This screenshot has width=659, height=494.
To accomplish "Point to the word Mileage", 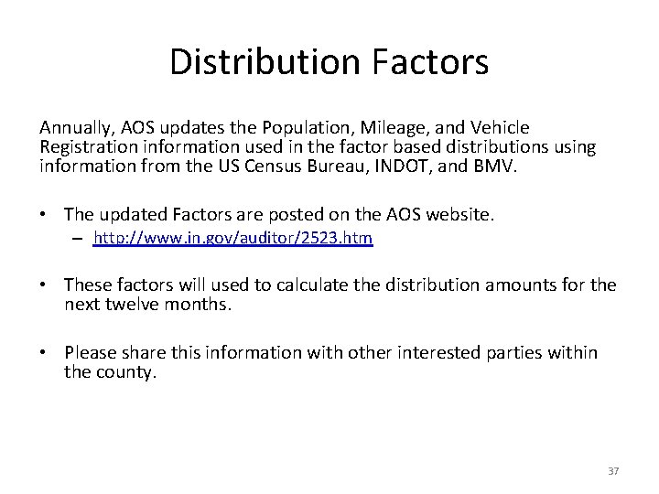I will click(395, 128).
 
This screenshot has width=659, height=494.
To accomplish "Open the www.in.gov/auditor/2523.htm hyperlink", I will click(233, 239).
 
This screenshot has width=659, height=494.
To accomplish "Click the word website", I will click(459, 214).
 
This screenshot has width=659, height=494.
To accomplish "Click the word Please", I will click(92, 352).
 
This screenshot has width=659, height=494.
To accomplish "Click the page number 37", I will click(613, 471).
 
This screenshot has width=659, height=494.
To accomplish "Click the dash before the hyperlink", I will click(81, 240).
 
